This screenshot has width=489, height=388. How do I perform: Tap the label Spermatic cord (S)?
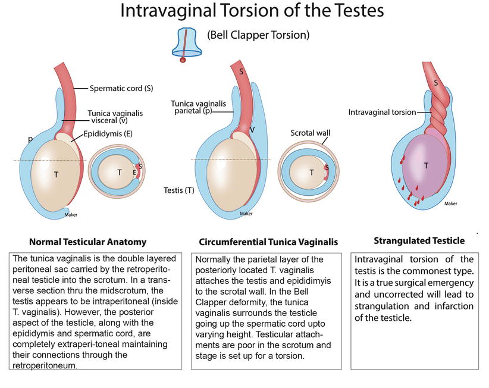(x=121, y=88)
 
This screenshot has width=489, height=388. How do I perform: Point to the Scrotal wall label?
(x=310, y=133)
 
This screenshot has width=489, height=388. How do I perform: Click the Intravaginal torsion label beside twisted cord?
(x=382, y=112)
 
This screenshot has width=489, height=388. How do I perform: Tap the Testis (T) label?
(x=178, y=190)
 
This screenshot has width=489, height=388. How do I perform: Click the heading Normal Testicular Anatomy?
(x=88, y=242)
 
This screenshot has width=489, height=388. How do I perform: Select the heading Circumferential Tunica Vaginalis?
(x=268, y=242)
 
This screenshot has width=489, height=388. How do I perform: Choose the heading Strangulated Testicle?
(x=419, y=240)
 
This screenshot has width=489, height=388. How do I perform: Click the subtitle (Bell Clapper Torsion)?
(x=259, y=35)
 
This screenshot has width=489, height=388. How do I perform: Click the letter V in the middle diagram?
(x=252, y=129)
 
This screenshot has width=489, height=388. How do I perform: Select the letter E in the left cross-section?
(x=134, y=173)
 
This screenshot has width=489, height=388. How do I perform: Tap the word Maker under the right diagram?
(x=450, y=204)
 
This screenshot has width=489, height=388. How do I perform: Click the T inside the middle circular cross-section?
(x=311, y=173)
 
